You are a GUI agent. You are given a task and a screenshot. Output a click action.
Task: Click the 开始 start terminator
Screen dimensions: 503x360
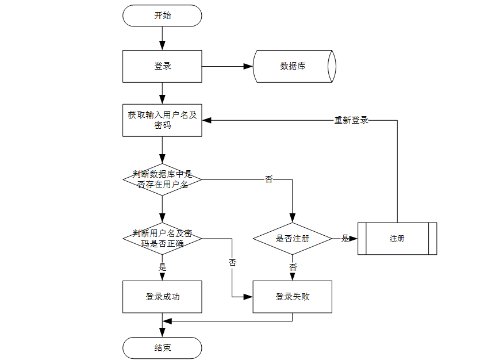pyautogui.click(x=162, y=16)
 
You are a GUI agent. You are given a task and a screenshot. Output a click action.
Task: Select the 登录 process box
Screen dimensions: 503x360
pyautogui.click(x=162, y=66)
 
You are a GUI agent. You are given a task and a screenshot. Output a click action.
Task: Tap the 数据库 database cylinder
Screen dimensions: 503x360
pyautogui.click(x=294, y=66)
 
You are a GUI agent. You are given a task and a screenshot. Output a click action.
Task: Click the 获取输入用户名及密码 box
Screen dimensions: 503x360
pyautogui.click(x=162, y=120)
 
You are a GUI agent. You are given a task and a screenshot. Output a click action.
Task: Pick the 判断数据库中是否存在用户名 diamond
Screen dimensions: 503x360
pyautogui.click(x=162, y=179)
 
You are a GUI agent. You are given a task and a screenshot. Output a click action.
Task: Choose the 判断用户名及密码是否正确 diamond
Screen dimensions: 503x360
pyautogui.click(x=162, y=239)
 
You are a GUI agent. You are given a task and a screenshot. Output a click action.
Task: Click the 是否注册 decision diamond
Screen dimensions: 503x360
pyautogui.click(x=292, y=239)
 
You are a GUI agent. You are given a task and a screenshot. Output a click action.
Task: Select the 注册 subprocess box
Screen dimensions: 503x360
pyautogui.click(x=397, y=239)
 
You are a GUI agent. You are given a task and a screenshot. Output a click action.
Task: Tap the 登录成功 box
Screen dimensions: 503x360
pyautogui.click(x=162, y=297)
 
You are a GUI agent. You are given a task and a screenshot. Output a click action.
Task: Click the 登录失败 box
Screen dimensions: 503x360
pyautogui.click(x=292, y=297)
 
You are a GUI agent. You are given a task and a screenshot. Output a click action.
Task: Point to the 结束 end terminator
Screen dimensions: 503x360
pyautogui.click(x=162, y=348)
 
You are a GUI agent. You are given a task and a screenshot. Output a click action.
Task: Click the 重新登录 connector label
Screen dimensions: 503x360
pyautogui.click(x=351, y=120)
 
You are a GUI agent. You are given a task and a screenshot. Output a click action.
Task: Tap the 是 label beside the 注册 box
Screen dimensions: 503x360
pyautogui.click(x=345, y=239)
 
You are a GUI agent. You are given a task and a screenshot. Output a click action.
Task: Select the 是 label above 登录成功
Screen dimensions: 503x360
pyautogui.click(x=162, y=267)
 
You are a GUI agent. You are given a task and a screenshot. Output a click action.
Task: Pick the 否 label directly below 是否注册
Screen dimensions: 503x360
pyautogui.click(x=293, y=267)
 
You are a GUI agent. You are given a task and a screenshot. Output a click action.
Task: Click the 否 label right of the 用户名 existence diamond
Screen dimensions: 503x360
pyautogui.click(x=269, y=179)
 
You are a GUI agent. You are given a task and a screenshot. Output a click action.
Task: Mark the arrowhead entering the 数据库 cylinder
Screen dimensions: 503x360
pyautogui.click(x=248, y=66)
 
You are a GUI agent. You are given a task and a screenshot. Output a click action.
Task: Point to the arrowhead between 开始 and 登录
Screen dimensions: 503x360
pyautogui.click(x=162, y=45)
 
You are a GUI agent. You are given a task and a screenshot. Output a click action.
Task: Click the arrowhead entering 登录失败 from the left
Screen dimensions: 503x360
pyautogui.click(x=248, y=297)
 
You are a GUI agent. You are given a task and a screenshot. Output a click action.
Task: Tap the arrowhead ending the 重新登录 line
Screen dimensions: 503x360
pyautogui.click(x=207, y=120)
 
